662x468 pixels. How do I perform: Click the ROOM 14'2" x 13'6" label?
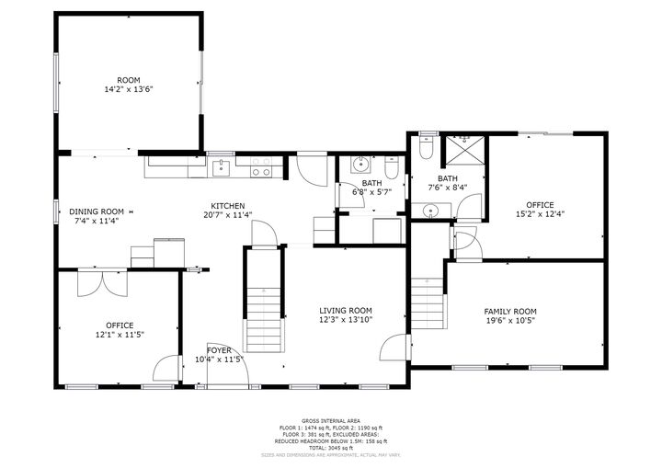128,86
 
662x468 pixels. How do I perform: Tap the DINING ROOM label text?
97,216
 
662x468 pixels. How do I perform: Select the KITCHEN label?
227,211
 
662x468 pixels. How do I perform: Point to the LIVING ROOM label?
345,315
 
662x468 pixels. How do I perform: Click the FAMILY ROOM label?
510,315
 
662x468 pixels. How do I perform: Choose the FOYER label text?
219,354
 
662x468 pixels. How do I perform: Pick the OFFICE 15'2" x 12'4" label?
540,209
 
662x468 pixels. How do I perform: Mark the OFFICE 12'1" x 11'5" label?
120,329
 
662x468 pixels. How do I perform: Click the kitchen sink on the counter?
220,168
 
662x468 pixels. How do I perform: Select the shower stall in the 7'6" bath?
462,149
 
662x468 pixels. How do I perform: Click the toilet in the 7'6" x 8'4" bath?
425,147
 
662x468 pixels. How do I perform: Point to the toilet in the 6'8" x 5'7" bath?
391,171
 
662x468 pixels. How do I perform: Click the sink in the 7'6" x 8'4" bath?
430,211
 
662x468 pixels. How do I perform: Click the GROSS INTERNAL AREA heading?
330,420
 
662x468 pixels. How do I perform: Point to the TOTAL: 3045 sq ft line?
330,447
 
